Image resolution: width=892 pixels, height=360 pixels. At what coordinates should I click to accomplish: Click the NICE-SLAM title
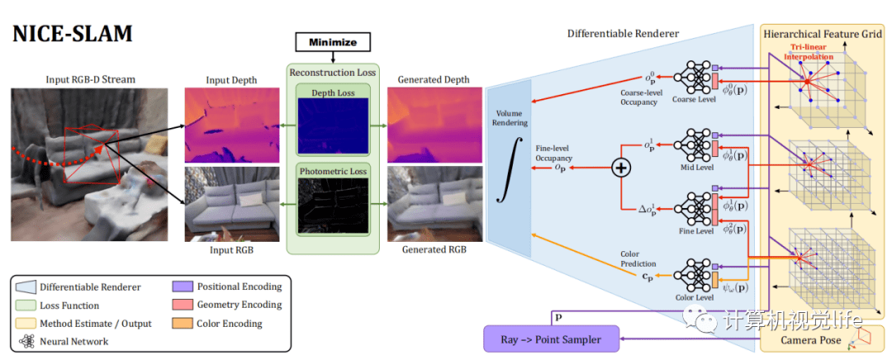click(73, 35)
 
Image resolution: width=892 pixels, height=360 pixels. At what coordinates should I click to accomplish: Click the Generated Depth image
click(434, 125)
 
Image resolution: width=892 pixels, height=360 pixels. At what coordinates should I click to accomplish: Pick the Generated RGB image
click(434, 203)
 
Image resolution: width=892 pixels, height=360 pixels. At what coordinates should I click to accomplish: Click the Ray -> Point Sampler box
click(551, 339)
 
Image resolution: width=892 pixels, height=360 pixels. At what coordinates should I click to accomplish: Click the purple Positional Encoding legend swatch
click(183, 287)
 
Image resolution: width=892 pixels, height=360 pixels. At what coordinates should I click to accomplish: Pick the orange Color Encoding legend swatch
click(183, 323)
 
